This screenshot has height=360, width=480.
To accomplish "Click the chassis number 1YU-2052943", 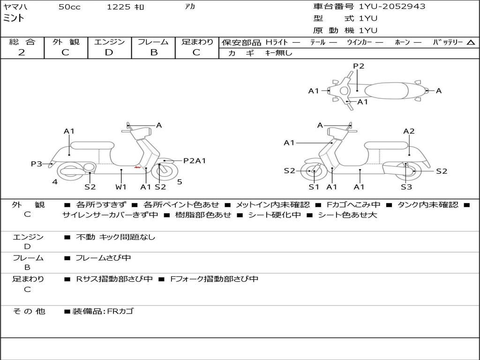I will (x=392, y=7).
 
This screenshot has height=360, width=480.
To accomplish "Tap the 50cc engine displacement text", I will (x=69, y=7).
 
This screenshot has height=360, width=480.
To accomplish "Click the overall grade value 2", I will (x=22, y=52).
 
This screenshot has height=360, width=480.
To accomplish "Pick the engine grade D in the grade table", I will (x=109, y=52).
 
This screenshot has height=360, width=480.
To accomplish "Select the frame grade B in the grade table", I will (x=153, y=52).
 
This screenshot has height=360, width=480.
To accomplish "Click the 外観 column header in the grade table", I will (x=66, y=42).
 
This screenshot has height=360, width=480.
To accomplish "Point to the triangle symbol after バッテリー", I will (x=471, y=43).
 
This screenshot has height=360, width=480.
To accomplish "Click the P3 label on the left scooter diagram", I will (x=37, y=164).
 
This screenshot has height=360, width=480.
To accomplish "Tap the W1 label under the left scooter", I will (x=121, y=187).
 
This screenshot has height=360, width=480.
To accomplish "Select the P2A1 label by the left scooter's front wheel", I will (x=195, y=161).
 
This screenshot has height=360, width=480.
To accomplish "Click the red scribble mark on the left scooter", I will (x=138, y=167).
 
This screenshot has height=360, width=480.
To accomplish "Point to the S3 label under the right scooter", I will (x=406, y=187).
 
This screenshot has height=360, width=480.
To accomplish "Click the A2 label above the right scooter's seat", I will (x=409, y=131).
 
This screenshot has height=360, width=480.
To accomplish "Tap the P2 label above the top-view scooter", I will (x=359, y=66).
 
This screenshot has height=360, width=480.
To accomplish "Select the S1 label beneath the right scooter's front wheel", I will (x=314, y=187).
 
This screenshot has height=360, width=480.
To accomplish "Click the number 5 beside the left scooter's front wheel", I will (x=180, y=182).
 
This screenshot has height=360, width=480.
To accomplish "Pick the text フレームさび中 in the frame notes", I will (x=103, y=258).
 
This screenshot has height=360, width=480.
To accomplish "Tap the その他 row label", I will (x=29, y=311).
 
